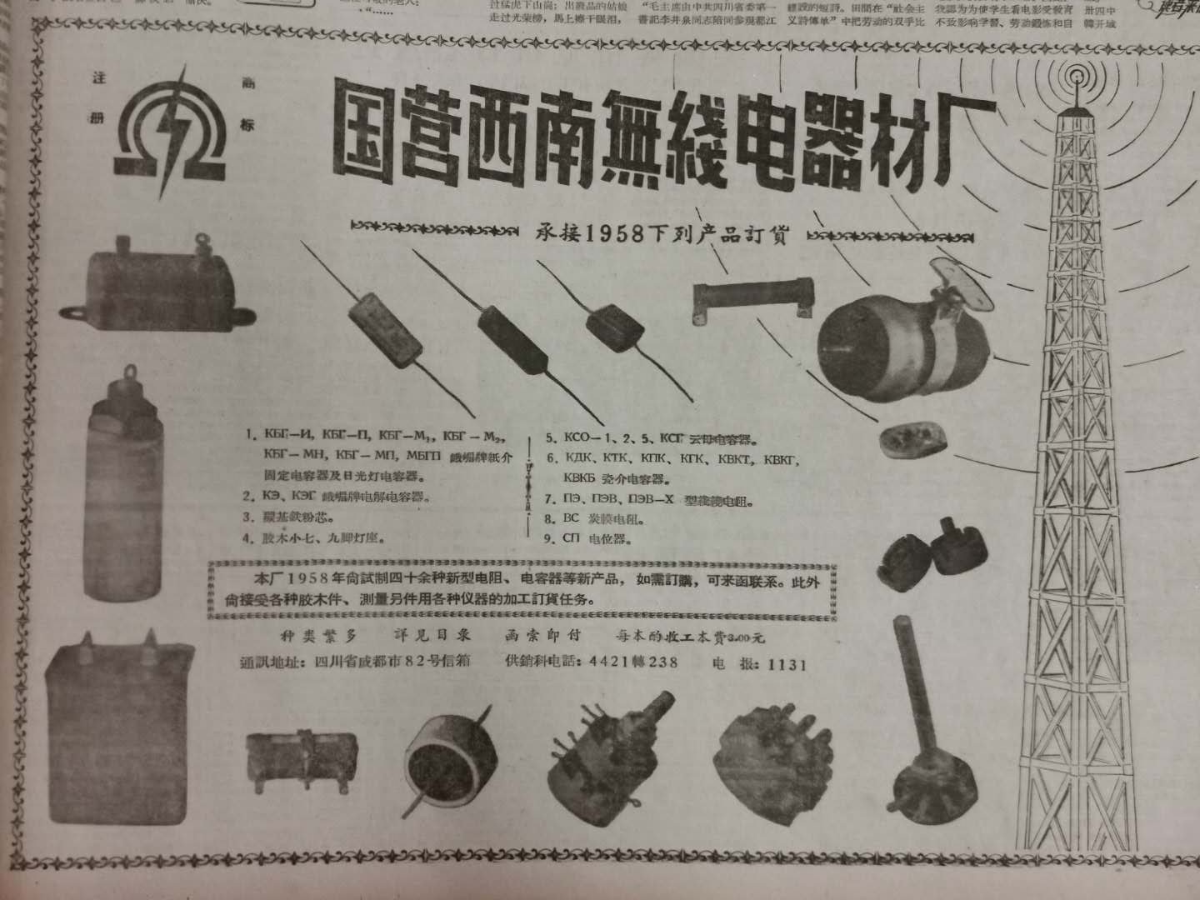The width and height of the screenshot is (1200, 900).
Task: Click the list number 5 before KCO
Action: click(x=551, y=437)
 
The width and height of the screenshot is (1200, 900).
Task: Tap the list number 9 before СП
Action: click(x=551, y=538)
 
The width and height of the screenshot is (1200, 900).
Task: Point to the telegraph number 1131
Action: click(x=787, y=664)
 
